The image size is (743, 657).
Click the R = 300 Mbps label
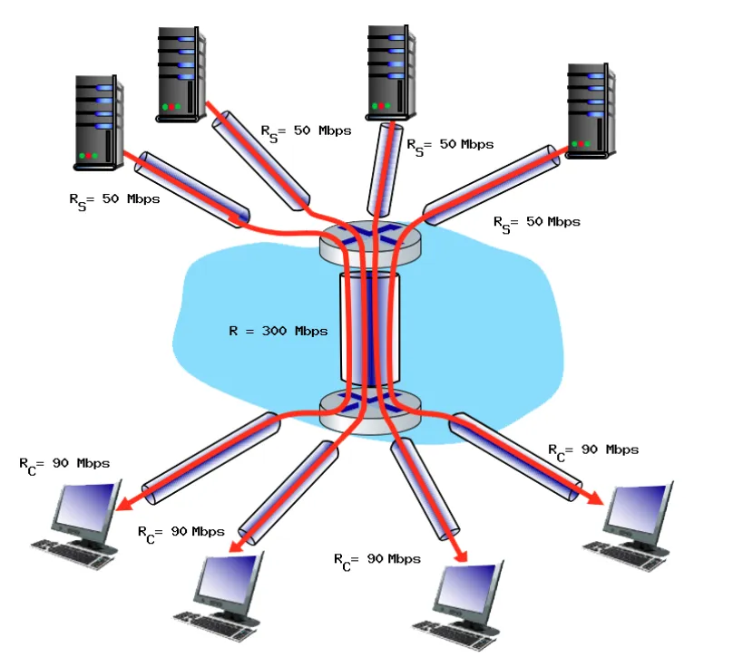click(x=277, y=331)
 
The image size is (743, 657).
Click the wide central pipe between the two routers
click(x=369, y=326)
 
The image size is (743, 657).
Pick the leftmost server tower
click(x=98, y=122)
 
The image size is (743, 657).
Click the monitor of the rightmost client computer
click(x=640, y=512)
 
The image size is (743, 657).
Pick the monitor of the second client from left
click(x=230, y=581)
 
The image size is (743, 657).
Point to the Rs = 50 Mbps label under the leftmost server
click(x=114, y=200)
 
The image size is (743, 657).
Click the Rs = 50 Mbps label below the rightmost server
click(x=536, y=222)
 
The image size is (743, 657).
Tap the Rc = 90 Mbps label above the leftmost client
click(x=64, y=464)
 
